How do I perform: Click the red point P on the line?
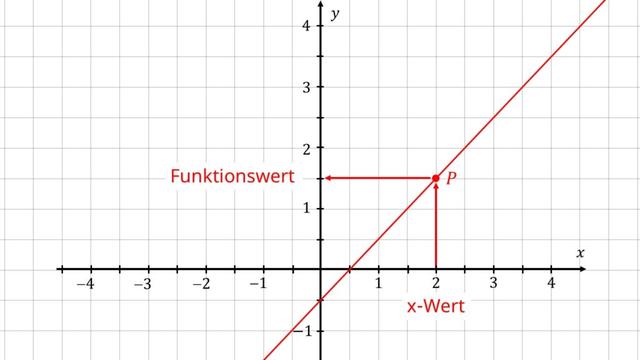pyautogui.click(x=436, y=178)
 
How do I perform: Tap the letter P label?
pyautogui.click(x=452, y=178)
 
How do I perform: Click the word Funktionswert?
pyautogui.click(x=233, y=177)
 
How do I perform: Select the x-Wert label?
pyautogui.click(x=436, y=306)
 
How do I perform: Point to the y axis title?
pyautogui.click(x=338, y=14)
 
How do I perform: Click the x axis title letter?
pyautogui.click(x=580, y=253)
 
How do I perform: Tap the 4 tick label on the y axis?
pyautogui.click(x=306, y=25)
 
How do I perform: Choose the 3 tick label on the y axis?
pyautogui.click(x=306, y=86)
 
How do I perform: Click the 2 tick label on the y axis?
pyautogui.click(x=306, y=147)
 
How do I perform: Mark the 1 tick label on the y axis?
pyautogui.click(x=306, y=208)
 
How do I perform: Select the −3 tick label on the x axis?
pyautogui.click(x=144, y=285)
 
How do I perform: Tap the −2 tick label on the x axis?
pyautogui.click(x=202, y=285)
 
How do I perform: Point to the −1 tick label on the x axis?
pyautogui.click(x=259, y=285)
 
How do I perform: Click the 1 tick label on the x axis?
pyautogui.click(x=378, y=285)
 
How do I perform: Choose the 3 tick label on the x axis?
pyautogui.click(x=494, y=285)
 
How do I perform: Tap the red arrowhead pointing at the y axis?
pyautogui.click(x=328, y=178)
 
